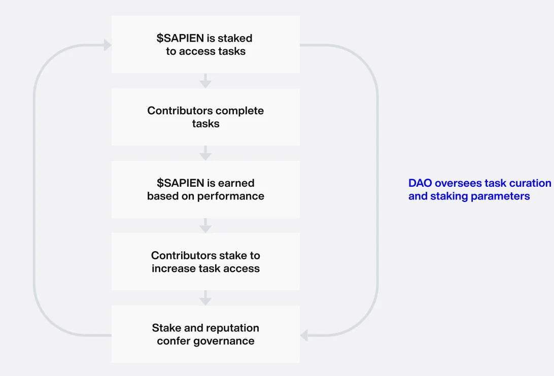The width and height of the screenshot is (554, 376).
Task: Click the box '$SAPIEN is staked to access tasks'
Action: (205, 45)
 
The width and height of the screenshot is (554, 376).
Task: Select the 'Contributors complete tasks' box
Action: (205, 117)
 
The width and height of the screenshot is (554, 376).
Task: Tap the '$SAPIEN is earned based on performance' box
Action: (205, 189)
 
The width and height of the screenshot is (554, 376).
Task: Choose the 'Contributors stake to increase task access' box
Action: (205, 261)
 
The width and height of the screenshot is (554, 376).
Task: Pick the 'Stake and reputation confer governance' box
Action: (205, 334)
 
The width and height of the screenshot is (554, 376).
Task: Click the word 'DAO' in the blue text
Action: (420, 183)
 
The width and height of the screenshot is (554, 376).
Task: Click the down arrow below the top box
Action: (205, 81)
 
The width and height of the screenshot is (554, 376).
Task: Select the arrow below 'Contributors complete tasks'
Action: (205, 153)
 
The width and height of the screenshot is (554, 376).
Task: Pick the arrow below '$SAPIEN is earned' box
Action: (205, 225)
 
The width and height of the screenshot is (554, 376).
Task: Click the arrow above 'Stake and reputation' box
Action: (205, 298)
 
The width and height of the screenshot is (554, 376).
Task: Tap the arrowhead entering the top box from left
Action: (108, 45)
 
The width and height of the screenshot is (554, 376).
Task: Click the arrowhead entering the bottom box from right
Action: (304, 335)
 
